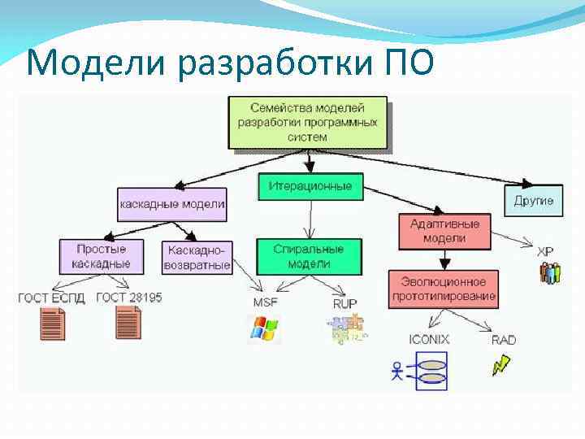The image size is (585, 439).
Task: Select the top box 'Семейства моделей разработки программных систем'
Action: tap(307, 122)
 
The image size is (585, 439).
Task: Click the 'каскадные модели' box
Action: tap(171, 203)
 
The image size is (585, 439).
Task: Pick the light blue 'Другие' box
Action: tap(534, 200)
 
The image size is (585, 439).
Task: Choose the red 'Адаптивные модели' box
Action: tap(444, 231)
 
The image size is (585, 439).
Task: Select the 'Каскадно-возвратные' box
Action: tap(197, 257)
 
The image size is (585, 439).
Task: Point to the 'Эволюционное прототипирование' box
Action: tap(444, 288)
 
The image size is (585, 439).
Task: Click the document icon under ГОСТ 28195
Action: tap(128, 323)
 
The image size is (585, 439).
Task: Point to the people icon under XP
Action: tap(550, 272)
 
